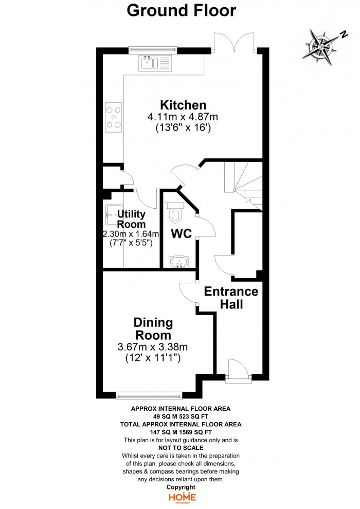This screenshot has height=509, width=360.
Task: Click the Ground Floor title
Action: point(181,10)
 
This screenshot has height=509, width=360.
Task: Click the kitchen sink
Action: point(155,63)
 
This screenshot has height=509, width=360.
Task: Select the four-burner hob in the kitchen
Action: point(114,117)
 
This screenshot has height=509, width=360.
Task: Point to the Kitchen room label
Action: point(183,105)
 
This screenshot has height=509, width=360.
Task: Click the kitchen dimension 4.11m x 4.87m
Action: point(183,117)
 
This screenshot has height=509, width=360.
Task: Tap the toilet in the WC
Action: point(175,213)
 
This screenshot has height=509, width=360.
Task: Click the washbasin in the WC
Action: point(178,262)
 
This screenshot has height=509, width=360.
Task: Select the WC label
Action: point(181,233)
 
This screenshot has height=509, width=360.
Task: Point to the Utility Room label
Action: point(131,219)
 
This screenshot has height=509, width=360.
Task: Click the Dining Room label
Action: point(153,329)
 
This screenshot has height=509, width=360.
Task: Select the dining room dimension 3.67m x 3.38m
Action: point(153,347)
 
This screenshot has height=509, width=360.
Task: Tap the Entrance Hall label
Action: point(231,298)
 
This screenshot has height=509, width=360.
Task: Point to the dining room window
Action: point(149,395)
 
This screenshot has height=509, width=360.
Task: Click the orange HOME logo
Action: point(182,498)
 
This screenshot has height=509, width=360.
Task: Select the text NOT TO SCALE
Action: point(181,448)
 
